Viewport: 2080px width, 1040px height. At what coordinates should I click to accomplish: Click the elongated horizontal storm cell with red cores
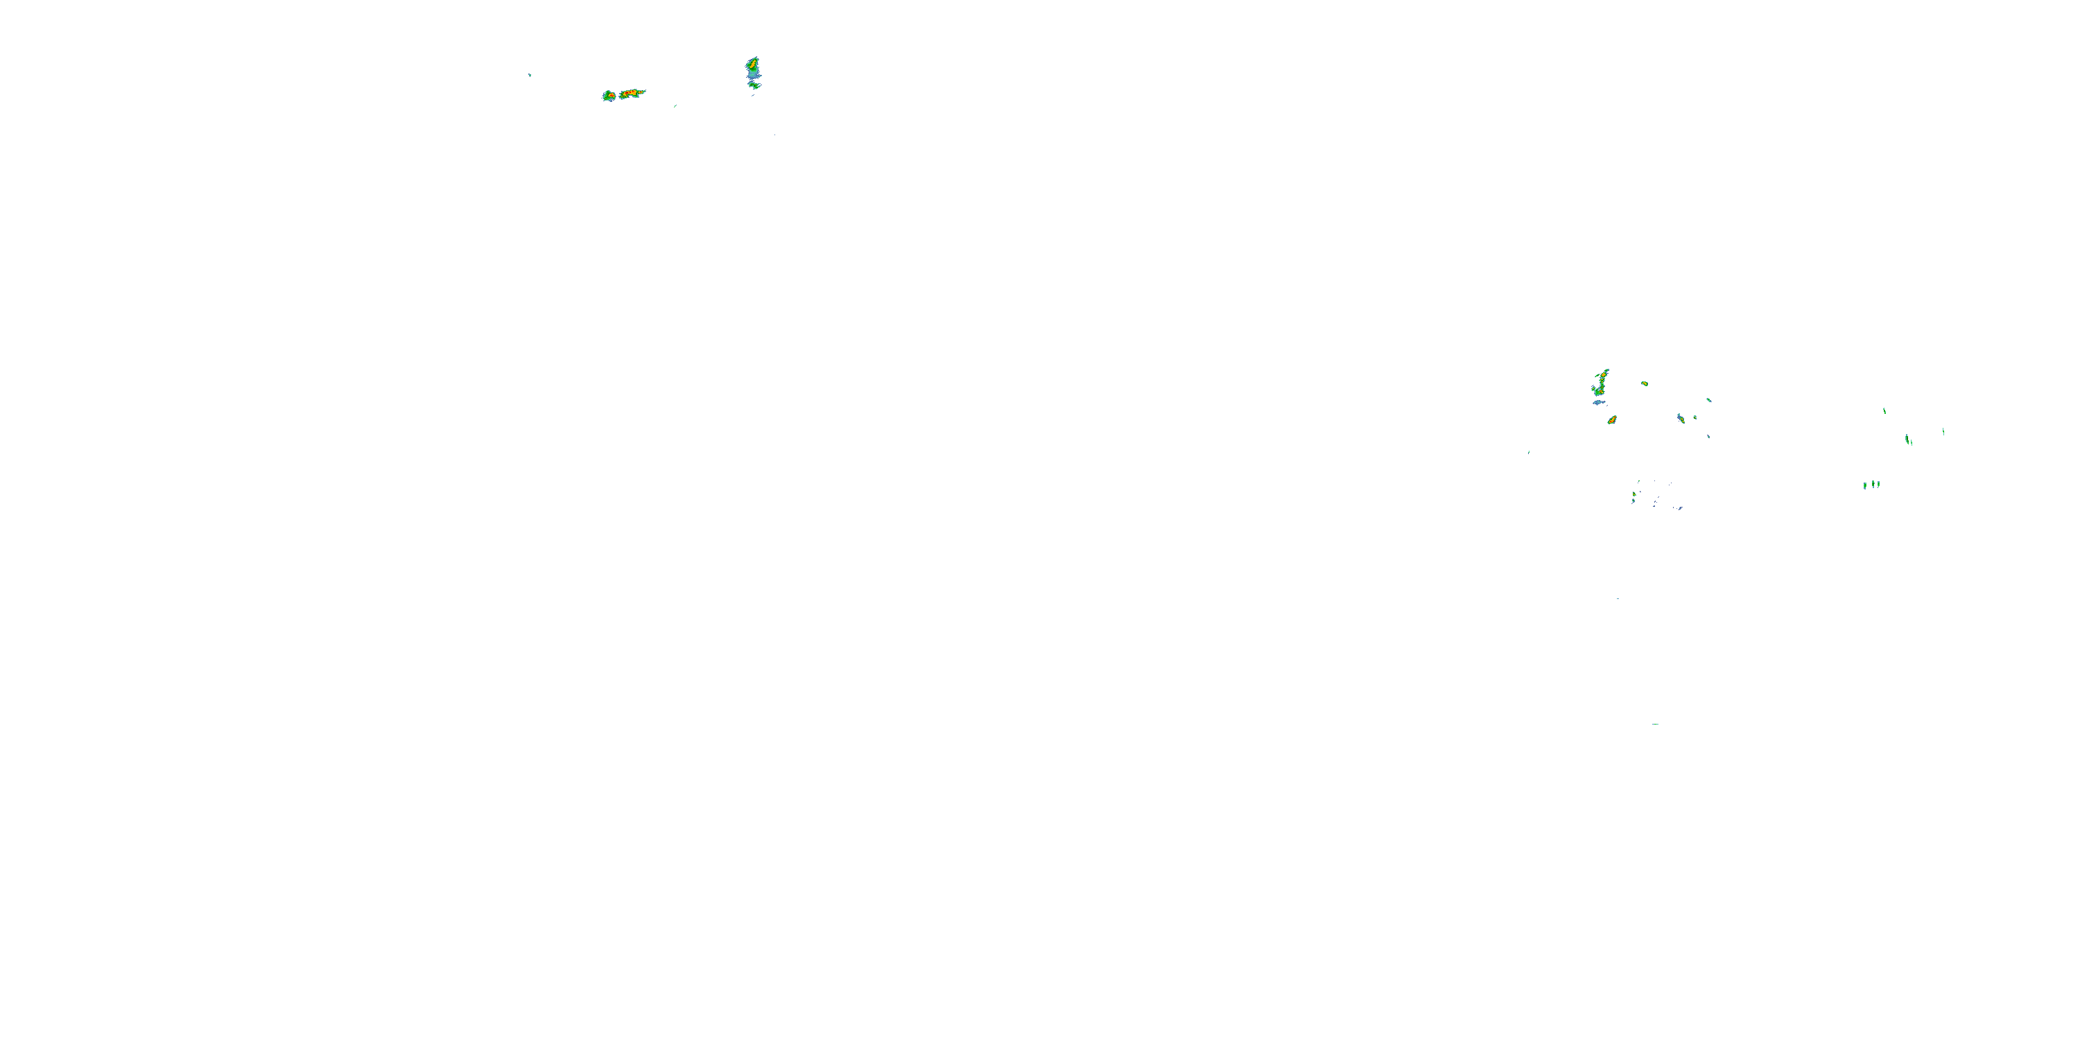(x=632, y=94)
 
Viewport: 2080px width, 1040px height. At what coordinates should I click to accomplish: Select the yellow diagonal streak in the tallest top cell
(x=752, y=63)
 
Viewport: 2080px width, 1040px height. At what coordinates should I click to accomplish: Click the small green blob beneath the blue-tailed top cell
(x=754, y=84)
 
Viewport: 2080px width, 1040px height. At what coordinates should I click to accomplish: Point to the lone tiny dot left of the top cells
(x=530, y=75)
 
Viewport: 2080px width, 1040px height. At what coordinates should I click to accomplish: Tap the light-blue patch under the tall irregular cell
(x=1598, y=402)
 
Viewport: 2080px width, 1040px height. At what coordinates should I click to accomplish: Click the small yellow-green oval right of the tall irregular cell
(x=1644, y=383)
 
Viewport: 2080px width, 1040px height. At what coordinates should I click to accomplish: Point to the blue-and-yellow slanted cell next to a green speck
(x=1681, y=417)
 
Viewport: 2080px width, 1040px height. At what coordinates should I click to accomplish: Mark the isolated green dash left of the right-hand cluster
(x=1529, y=452)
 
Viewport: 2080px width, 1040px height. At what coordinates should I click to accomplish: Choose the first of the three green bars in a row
(x=1865, y=485)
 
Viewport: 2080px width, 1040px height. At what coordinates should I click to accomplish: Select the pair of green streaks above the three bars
(x=1908, y=440)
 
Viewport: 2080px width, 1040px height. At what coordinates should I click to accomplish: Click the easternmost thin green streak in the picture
(x=1943, y=432)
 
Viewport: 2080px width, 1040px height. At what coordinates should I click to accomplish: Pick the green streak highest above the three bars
(x=1884, y=411)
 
